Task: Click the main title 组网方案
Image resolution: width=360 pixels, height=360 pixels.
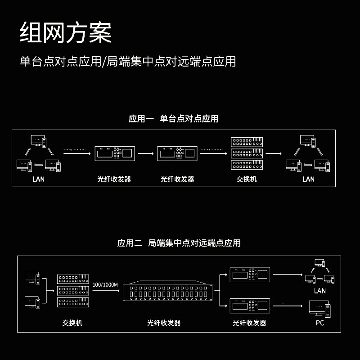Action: point(66,33)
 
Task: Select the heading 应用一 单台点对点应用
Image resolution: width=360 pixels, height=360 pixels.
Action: point(173,119)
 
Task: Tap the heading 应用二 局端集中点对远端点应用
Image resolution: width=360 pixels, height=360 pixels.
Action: point(179,243)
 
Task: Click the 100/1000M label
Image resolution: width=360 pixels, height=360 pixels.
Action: point(105,285)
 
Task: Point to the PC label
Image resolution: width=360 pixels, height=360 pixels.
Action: point(320,323)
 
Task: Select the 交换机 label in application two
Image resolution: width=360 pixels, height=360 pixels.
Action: point(72,323)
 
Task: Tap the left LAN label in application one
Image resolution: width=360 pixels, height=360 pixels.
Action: point(39,179)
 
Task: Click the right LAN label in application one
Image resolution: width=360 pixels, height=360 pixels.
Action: point(308,179)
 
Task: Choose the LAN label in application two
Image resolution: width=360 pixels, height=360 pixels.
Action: point(320,291)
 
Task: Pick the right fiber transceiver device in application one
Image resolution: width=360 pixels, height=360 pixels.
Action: point(177,153)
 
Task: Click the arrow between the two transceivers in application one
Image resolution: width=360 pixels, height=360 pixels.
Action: point(145,153)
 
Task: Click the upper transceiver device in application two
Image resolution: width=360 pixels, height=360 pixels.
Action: point(250,274)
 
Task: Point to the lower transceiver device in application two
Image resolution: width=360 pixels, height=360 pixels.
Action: point(250,306)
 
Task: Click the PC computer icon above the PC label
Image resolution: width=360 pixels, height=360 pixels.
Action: point(320,309)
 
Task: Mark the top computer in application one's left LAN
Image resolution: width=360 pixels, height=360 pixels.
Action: point(38,140)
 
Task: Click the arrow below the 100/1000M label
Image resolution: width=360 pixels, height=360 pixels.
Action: point(105,291)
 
